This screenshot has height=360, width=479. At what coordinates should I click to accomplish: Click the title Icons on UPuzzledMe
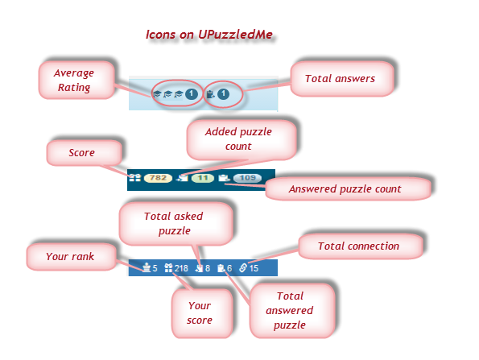(x=209, y=35)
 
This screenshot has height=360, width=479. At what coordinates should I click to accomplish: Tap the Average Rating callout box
(x=76, y=80)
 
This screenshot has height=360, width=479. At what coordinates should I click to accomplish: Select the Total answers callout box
(x=342, y=79)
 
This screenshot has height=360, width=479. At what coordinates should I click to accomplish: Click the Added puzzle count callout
(x=242, y=139)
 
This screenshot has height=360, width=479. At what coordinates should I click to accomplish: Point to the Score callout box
(x=84, y=153)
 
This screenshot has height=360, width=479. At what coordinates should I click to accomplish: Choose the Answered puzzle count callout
(x=348, y=189)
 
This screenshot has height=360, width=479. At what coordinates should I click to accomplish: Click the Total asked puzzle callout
(x=175, y=224)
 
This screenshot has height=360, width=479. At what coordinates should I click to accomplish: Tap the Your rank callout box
(x=72, y=257)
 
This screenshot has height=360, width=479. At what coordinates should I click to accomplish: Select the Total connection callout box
(x=361, y=246)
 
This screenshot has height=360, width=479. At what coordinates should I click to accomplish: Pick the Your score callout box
(x=202, y=313)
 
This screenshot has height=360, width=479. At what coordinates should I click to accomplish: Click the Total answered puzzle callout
(x=292, y=311)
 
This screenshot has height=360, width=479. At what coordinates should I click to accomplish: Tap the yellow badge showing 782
(x=158, y=178)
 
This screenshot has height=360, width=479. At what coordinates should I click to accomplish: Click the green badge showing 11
(x=203, y=178)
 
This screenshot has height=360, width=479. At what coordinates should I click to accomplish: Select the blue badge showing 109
(x=247, y=178)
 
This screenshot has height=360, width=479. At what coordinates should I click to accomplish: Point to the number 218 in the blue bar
(x=181, y=268)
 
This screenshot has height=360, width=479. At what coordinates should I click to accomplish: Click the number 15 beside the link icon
(x=254, y=268)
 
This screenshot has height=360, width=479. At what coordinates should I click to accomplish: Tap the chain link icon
(x=243, y=268)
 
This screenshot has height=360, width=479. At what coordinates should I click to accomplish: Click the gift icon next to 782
(x=134, y=177)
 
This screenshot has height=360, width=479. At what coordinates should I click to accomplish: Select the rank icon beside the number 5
(x=147, y=267)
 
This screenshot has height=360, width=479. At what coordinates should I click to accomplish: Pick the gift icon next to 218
(x=168, y=268)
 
